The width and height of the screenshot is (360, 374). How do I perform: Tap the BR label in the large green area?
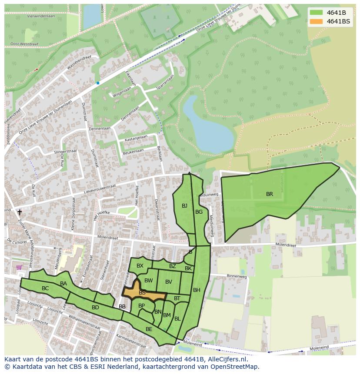point(270,194)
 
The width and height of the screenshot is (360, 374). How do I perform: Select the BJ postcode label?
point(184,206)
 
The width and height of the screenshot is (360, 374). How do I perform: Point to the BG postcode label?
point(199,212)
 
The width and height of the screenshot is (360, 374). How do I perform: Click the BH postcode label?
point(197,290)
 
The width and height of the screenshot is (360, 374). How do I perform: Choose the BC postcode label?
point(45,288)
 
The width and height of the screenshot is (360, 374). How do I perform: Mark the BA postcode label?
point(63,284)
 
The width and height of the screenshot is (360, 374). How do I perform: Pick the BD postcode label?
point(95,308)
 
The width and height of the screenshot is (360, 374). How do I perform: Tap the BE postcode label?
point(149,329)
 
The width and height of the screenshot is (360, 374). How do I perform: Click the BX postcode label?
point(140,266)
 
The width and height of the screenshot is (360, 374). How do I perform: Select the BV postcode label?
point(169,282)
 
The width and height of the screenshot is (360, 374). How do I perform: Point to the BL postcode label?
point(177,319)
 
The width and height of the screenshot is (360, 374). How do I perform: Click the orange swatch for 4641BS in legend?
point(317,21)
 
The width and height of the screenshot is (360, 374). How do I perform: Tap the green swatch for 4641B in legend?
point(317,13)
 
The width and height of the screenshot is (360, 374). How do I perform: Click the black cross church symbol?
point(19,212)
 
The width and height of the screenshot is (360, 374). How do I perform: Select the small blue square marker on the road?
point(98,83)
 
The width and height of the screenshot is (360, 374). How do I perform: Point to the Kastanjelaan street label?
point(136,137)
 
